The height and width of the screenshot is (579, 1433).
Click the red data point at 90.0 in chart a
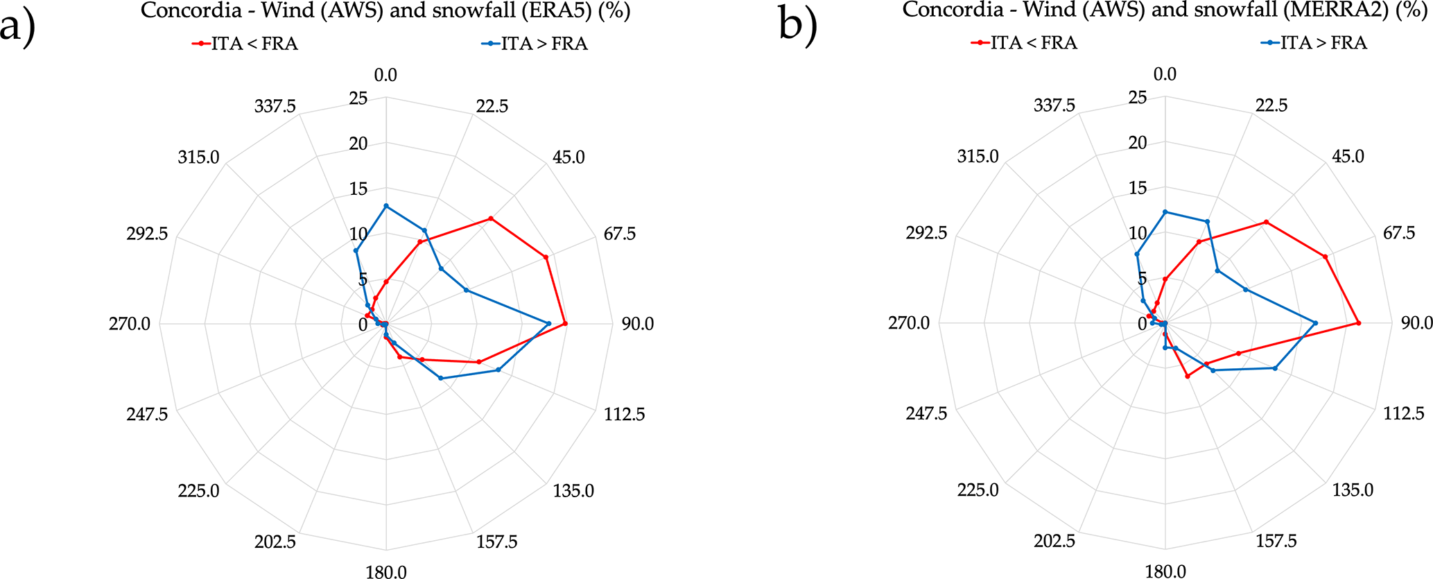[x=566, y=324]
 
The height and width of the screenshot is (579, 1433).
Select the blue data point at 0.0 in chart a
[x=386, y=206]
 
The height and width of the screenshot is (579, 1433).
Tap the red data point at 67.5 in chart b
[x=1326, y=257]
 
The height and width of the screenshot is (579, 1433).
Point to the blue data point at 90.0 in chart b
[x=1315, y=323]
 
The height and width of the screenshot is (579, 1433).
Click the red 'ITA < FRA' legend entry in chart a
[x=245, y=44]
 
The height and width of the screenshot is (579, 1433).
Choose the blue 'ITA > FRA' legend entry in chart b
[x=1314, y=43]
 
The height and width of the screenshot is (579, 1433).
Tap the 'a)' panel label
[x=18, y=28]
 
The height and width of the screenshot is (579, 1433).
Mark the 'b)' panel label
[x=798, y=26]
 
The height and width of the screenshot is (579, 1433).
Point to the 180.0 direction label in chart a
[x=386, y=571]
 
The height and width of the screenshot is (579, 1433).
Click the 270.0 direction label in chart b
[x=909, y=323]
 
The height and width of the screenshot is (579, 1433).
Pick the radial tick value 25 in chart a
[x=358, y=98]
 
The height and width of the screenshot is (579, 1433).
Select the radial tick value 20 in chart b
[x=1138, y=143]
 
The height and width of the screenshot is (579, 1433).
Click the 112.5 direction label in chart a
[x=624, y=415]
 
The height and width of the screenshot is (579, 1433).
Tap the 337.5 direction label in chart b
[x=1054, y=105]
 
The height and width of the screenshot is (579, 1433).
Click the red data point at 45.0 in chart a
[x=491, y=218]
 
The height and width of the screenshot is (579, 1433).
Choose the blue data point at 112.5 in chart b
[x=1275, y=368]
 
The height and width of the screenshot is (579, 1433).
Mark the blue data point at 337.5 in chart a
[x=356, y=251]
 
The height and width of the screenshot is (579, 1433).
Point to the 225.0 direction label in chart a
[x=198, y=491]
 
